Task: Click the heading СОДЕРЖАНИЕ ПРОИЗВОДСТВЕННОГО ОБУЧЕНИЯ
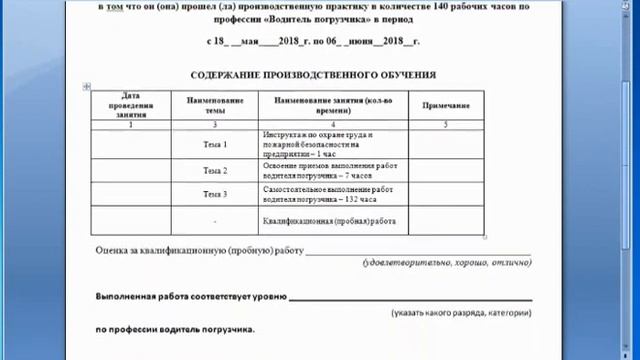[313, 75]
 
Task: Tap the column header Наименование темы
[215, 105]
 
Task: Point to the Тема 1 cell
[215, 145]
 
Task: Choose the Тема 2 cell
[215, 171]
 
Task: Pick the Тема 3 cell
[215, 194]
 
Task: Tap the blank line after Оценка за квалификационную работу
[418, 251]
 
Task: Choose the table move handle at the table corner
[90, 87]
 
